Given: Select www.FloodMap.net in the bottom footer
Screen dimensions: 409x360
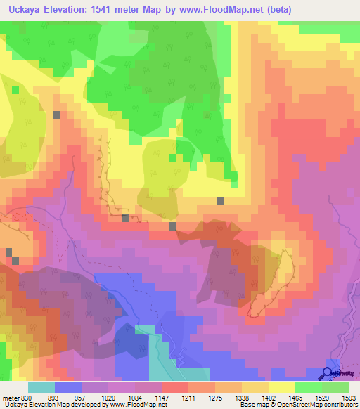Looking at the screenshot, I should [137, 405].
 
